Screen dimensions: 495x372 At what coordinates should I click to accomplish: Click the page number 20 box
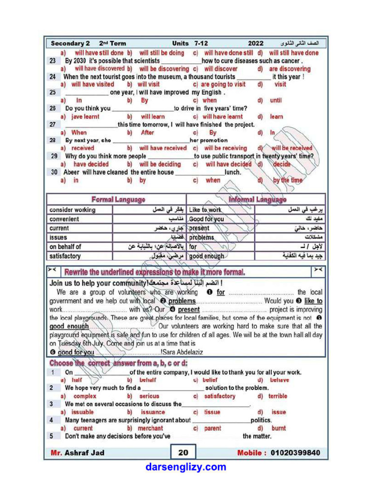click(183, 452)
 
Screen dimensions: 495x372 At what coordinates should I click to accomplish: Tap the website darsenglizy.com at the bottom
click(186, 467)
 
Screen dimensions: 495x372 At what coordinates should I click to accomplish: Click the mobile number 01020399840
click(279, 453)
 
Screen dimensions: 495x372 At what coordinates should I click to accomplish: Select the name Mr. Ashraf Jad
click(77, 453)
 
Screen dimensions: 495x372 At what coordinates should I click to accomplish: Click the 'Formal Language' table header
click(118, 199)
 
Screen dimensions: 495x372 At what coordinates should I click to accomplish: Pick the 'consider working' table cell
click(72, 210)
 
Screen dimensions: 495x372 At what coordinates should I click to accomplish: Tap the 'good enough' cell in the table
click(207, 256)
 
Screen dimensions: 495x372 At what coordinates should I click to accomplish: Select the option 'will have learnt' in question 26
click(222, 116)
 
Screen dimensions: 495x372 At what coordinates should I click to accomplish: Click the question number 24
click(52, 77)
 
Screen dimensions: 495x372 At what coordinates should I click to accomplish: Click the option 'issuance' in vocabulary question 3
click(153, 412)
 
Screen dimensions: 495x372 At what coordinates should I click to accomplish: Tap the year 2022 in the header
click(256, 44)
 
